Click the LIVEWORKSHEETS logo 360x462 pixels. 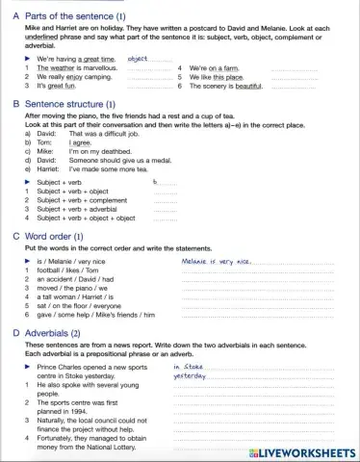[x=302, y=451]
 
